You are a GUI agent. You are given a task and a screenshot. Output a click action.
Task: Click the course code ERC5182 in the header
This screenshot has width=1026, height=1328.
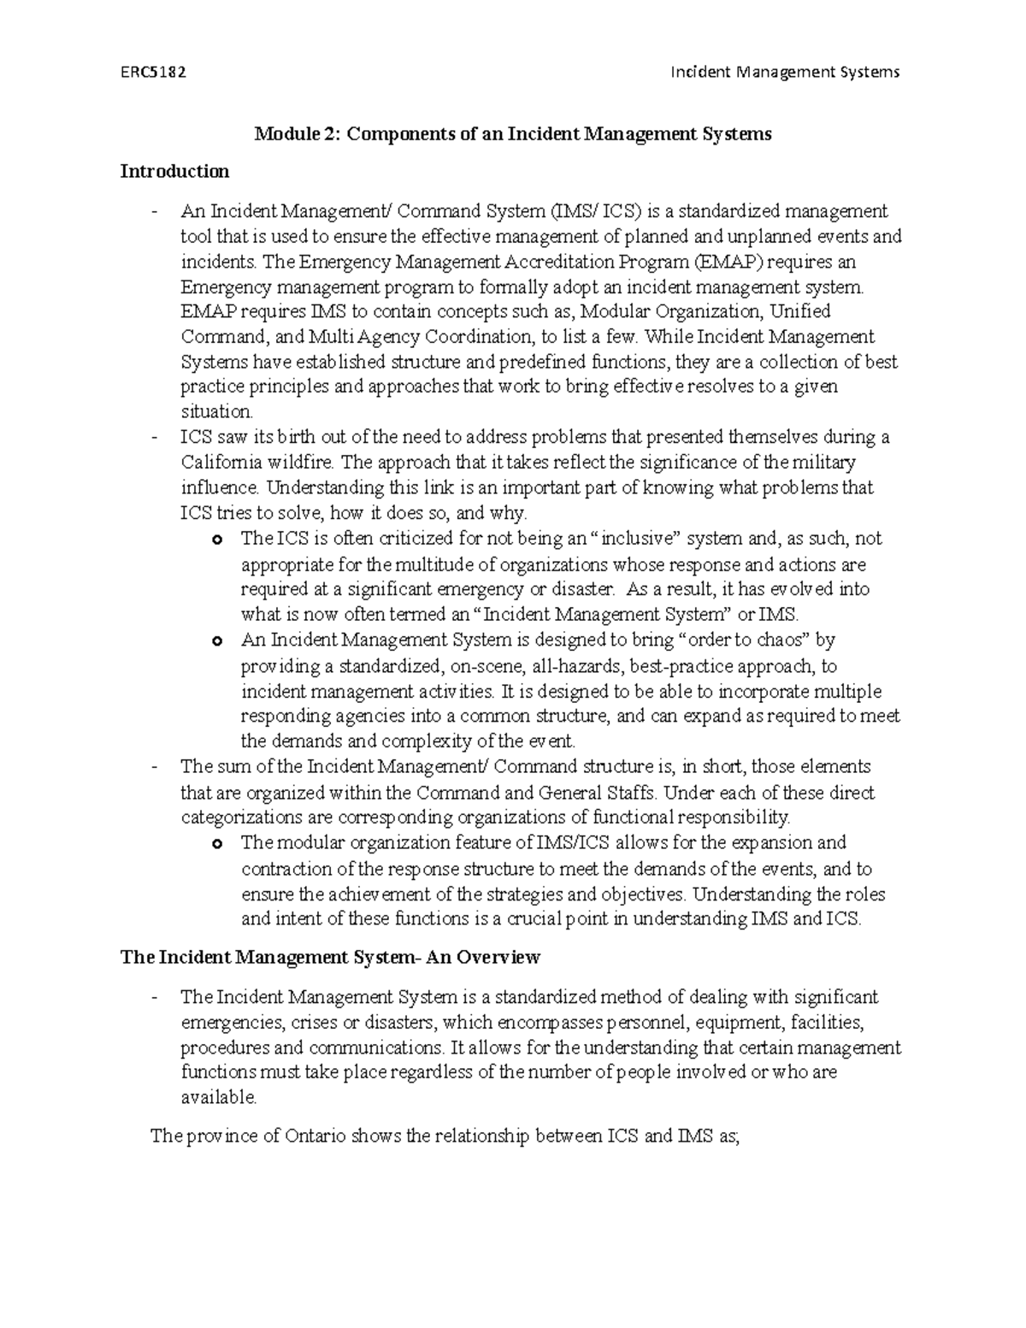153,72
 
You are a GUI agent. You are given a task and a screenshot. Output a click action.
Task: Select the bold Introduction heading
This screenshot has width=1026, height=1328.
174,172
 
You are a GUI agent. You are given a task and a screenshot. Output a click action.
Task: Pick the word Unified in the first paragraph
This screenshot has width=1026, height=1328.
801,311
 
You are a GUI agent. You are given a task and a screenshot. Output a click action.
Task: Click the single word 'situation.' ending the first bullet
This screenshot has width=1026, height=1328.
217,411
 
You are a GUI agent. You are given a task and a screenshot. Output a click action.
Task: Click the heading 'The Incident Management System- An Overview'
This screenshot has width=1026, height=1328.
330,957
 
